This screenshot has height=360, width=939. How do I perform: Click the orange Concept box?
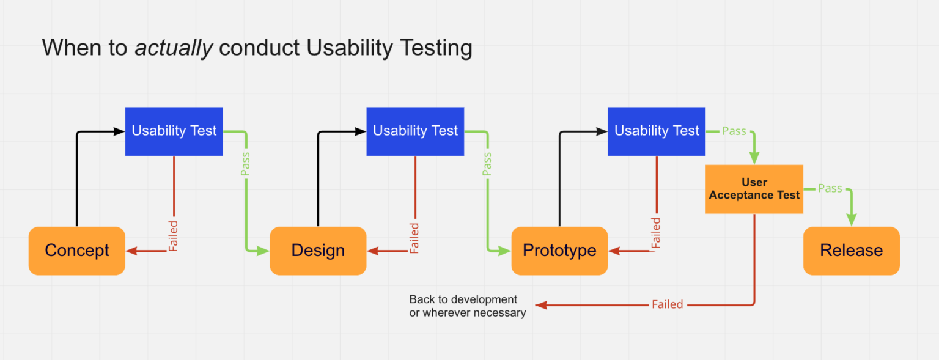[x=77, y=251]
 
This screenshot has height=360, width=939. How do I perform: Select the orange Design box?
[x=318, y=251]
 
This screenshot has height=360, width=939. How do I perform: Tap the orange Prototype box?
[x=559, y=251]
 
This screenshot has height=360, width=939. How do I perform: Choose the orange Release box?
[x=851, y=251]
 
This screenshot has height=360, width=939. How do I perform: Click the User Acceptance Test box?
[x=754, y=189]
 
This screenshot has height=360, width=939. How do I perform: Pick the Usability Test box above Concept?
[x=174, y=131]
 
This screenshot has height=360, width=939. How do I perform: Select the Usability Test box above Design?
[x=415, y=131]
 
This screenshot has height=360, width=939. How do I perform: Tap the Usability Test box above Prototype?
[x=657, y=131]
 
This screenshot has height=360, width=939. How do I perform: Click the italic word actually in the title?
[x=174, y=48]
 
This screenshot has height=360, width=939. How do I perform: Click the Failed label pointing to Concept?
[x=174, y=236]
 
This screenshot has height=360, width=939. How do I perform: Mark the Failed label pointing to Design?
[x=414, y=238]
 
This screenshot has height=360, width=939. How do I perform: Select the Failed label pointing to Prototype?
[x=656, y=233]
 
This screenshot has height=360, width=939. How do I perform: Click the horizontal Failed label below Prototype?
[x=667, y=304]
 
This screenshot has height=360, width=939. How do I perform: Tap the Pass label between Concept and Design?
[x=246, y=164]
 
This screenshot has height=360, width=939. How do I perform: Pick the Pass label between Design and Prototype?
[x=487, y=164]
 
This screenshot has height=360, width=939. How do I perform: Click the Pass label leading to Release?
[x=830, y=189]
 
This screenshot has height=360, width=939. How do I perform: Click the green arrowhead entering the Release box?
[x=851, y=221]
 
